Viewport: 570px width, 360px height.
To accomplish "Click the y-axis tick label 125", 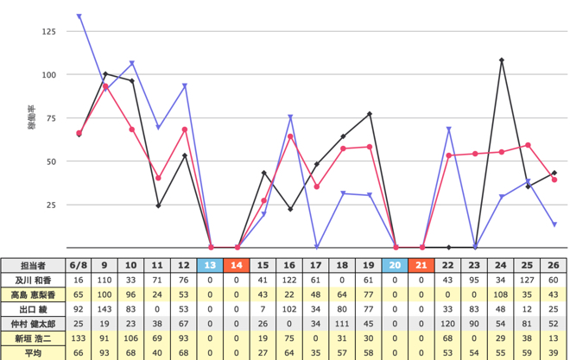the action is (x=48, y=32).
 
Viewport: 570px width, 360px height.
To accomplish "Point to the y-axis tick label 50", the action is (x=51, y=161).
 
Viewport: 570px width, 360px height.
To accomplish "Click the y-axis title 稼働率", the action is (x=32, y=117).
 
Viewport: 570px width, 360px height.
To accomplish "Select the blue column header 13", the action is (x=210, y=265).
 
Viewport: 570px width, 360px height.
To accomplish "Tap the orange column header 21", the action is (x=421, y=265).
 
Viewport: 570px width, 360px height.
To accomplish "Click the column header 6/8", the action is (x=78, y=265).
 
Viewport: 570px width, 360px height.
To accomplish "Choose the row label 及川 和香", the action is (x=33, y=280).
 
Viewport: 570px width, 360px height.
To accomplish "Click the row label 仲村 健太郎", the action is (x=33, y=324).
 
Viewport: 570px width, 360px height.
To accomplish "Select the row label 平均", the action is (x=33, y=353).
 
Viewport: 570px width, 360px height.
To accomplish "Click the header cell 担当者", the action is (x=33, y=266).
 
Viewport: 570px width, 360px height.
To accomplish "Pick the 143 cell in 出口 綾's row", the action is (x=104, y=309).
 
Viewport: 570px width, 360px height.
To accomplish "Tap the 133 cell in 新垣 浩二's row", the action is (x=78, y=338).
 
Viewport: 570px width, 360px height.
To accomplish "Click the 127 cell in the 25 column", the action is (x=527, y=280).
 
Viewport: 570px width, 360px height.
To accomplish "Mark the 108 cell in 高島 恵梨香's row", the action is (x=501, y=294).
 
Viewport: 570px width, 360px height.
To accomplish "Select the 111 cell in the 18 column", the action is (x=342, y=324).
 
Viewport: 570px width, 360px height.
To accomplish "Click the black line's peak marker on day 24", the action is (x=502, y=60).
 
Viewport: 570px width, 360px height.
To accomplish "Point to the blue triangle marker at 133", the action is (x=79, y=16).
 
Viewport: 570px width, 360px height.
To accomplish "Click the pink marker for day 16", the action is (x=290, y=136).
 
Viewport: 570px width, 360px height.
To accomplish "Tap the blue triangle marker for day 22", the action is (x=448, y=129).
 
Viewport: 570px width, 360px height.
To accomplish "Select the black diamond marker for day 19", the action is (x=370, y=114).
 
